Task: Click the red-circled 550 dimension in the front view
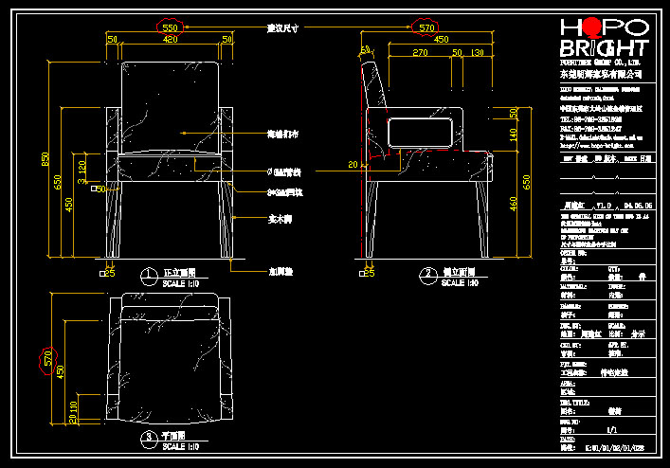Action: click(x=171, y=27)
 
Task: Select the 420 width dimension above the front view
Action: click(x=171, y=40)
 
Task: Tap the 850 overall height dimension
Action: click(x=44, y=159)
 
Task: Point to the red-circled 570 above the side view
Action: click(x=427, y=27)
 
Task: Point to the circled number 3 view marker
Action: click(x=149, y=437)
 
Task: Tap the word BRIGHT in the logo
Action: click(x=604, y=49)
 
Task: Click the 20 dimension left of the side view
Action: click(x=353, y=165)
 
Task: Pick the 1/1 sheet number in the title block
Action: click(x=614, y=430)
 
